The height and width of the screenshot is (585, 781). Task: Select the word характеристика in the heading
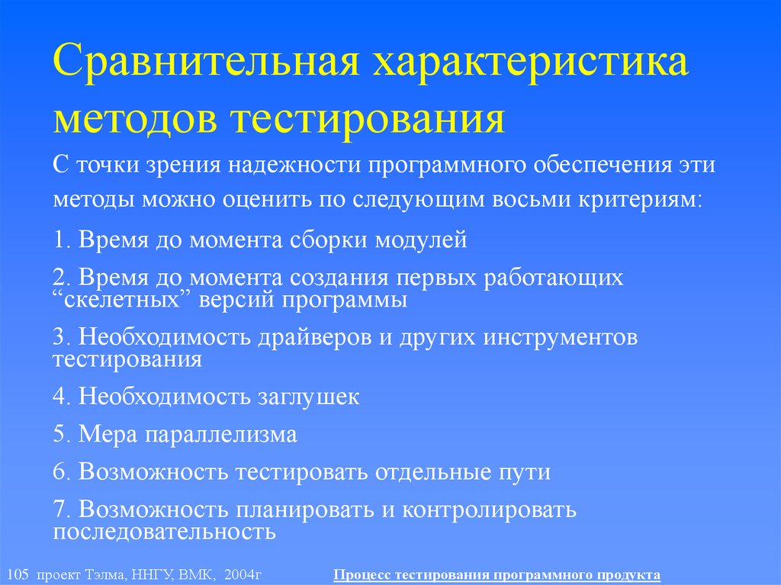tap(529, 66)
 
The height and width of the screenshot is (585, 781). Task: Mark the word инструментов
tap(560, 338)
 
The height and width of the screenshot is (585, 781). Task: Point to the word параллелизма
tap(220, 435)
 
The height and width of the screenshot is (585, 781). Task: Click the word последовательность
tap(164, 531)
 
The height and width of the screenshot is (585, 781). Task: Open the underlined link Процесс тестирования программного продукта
tap(497, 574)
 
